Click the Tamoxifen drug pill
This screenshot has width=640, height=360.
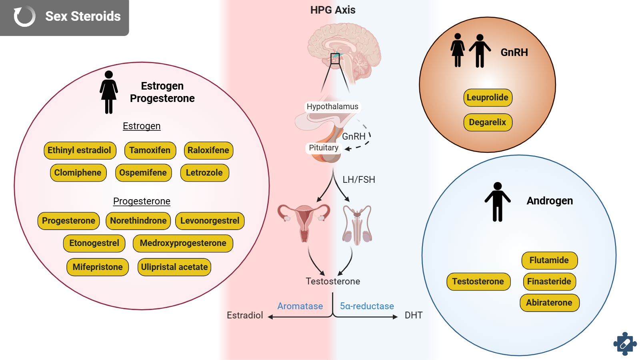tap(150, 150)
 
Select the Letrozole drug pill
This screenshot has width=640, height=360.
tap(204, 173)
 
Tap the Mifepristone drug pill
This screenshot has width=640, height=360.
tap(98, 267)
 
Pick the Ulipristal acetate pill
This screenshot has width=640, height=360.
tap(174, 267)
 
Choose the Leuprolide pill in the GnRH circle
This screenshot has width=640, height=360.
tap(488, 98)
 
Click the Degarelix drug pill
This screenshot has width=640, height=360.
tap(488, 122)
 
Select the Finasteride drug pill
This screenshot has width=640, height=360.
tap(549, 282)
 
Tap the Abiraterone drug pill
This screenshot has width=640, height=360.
tap(549, 303)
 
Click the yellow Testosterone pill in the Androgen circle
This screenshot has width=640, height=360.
tap(478, 282)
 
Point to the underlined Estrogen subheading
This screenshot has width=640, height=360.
tap(142, 126)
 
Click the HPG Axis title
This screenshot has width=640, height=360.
tap(333, 10)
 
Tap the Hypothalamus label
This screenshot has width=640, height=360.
tap(332, 107)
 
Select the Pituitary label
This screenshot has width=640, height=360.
tap(324, 148)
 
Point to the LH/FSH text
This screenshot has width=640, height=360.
tap(359, 180)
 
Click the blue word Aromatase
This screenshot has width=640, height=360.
tap(300, 306)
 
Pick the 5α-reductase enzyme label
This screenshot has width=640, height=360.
tap(367, 306)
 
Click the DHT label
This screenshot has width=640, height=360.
tap(414, 316)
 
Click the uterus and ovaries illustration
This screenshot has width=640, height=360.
tap(304, 222)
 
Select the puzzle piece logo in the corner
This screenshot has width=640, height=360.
tap(625, 344)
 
